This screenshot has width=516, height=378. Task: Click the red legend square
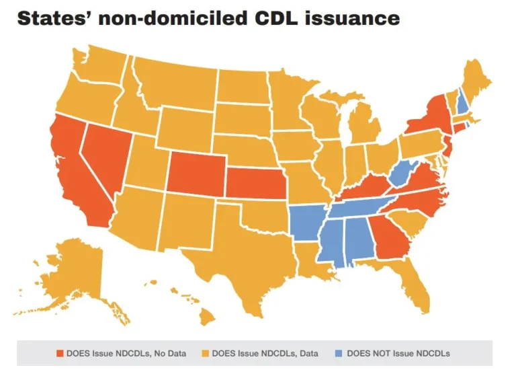tap(59, 353)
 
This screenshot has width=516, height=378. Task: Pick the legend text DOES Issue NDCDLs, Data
tap(265, 353)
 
